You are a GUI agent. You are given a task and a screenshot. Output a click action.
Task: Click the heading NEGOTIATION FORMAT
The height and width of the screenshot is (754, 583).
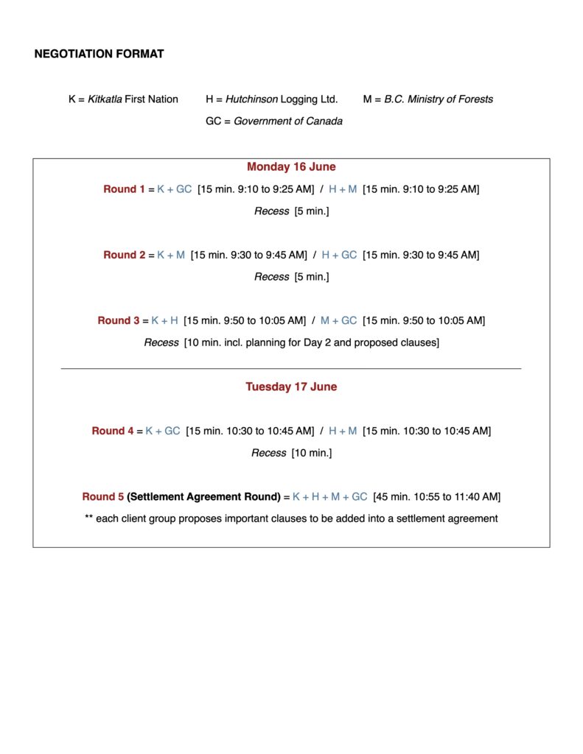coord(99,54)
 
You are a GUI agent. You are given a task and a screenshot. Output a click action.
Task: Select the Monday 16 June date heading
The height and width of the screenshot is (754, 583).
coord(291,167)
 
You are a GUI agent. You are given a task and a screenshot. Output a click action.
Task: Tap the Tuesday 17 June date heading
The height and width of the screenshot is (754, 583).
coord(291,387)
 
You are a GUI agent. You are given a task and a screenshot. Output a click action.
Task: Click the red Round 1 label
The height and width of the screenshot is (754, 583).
coord(125,189)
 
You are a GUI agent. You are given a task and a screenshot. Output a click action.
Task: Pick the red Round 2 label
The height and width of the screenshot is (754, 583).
coord(125,256)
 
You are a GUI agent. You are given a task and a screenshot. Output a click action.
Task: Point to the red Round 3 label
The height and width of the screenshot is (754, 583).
coord(119,321)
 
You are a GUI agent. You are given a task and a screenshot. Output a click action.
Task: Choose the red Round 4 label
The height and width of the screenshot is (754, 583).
coord(113,431)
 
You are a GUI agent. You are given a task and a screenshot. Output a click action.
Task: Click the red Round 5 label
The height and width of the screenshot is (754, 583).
coord(103,497)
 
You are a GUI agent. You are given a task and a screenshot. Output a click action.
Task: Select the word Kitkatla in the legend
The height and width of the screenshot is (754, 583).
coord(105,99)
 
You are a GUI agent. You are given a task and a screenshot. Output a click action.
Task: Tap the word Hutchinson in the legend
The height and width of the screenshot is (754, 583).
coord(252,99)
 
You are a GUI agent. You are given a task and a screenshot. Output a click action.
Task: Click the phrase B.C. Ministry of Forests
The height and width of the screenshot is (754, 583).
coord(439,99)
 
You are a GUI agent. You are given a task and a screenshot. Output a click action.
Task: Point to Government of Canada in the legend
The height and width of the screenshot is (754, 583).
coord(288,121)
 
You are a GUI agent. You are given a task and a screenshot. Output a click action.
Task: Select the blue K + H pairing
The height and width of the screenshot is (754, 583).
coord(165,321)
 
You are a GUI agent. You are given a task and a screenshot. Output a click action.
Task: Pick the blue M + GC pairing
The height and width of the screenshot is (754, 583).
coord(338,321)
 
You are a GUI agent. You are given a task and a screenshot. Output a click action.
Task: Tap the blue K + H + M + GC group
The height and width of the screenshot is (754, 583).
coord(329,497)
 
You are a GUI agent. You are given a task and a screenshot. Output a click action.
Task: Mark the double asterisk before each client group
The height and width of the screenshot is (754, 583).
coord(89,519)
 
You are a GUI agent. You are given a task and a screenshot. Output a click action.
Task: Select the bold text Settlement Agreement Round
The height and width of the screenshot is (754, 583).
coord(204,497)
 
